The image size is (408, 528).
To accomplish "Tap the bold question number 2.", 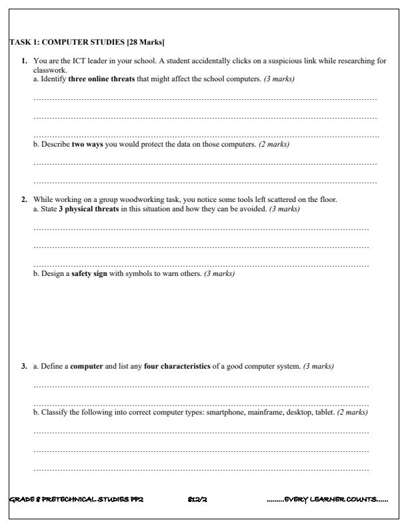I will (25, 199).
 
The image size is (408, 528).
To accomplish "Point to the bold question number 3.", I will (25, 366).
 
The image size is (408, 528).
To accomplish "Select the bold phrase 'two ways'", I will (87, 144).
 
